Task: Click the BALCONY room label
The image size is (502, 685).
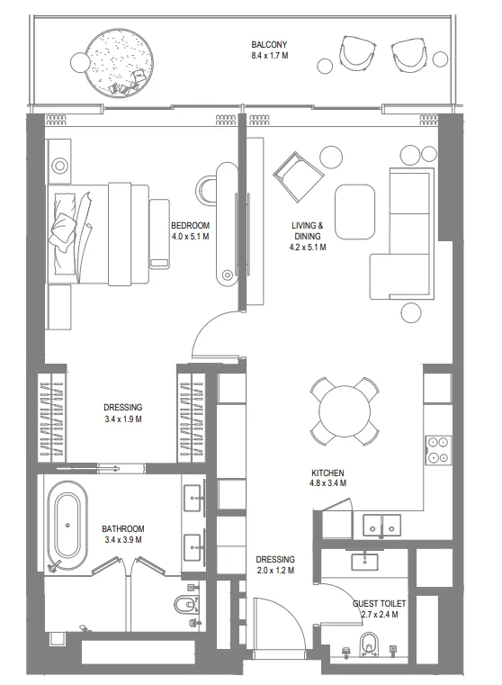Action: click(269, 45)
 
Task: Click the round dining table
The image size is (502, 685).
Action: click(344, 411)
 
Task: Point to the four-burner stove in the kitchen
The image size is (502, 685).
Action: click(438, 450)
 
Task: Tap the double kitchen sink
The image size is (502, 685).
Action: click(382, 525)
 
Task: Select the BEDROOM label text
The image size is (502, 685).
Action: click(190, 226)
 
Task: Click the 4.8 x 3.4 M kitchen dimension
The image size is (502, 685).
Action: click(328, 483)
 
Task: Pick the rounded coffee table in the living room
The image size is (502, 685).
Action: click(354, 212)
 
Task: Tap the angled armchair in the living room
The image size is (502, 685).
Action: click(298, 175)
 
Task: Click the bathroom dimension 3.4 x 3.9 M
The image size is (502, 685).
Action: click(122, 539)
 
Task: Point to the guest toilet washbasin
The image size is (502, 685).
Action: click(365, 560)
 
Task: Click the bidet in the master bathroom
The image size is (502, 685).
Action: click(184, 605)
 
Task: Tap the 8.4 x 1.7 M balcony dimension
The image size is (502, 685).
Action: click(270, 56)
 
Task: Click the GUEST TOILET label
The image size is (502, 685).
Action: click(379, 604)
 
